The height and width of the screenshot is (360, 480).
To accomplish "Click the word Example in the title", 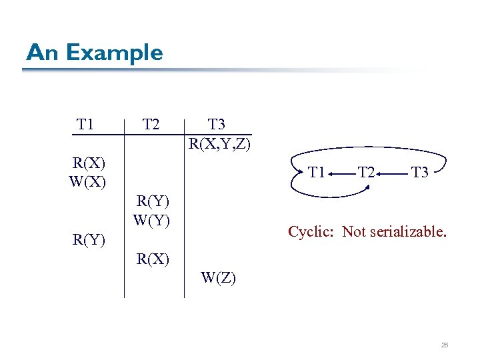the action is (115, 53).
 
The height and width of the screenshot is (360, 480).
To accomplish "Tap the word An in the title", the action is (42, 53).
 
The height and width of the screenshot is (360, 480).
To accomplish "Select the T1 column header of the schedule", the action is (85, 124).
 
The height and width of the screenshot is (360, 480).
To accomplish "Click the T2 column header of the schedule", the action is (151, 124).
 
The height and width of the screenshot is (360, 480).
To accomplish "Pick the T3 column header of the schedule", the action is (217, 124).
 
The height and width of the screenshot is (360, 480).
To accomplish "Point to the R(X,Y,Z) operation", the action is (219, 143).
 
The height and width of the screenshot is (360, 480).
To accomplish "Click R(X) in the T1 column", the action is (89, 163).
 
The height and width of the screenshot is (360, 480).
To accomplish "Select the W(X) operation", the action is (88, 181).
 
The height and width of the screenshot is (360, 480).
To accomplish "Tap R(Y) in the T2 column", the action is (153, 201).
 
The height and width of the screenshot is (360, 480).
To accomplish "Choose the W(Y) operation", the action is (153, 219).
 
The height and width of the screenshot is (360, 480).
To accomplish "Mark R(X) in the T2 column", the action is (153, 259).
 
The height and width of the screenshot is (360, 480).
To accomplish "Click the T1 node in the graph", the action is (317, 173).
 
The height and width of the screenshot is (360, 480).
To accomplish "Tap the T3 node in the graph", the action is (419, 173).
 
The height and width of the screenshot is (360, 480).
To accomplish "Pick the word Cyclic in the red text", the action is (312, 232).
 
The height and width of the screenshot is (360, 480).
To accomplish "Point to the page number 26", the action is (445, 345).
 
